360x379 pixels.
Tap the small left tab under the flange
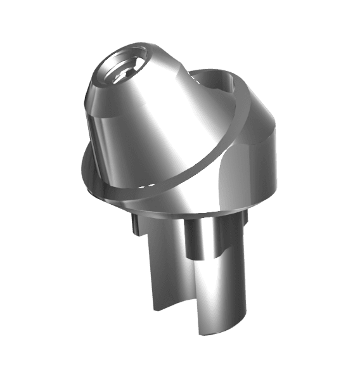pyautogui.click(x=135, y=224)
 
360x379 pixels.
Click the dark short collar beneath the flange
pyautogui.click(x=196, y=238)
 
